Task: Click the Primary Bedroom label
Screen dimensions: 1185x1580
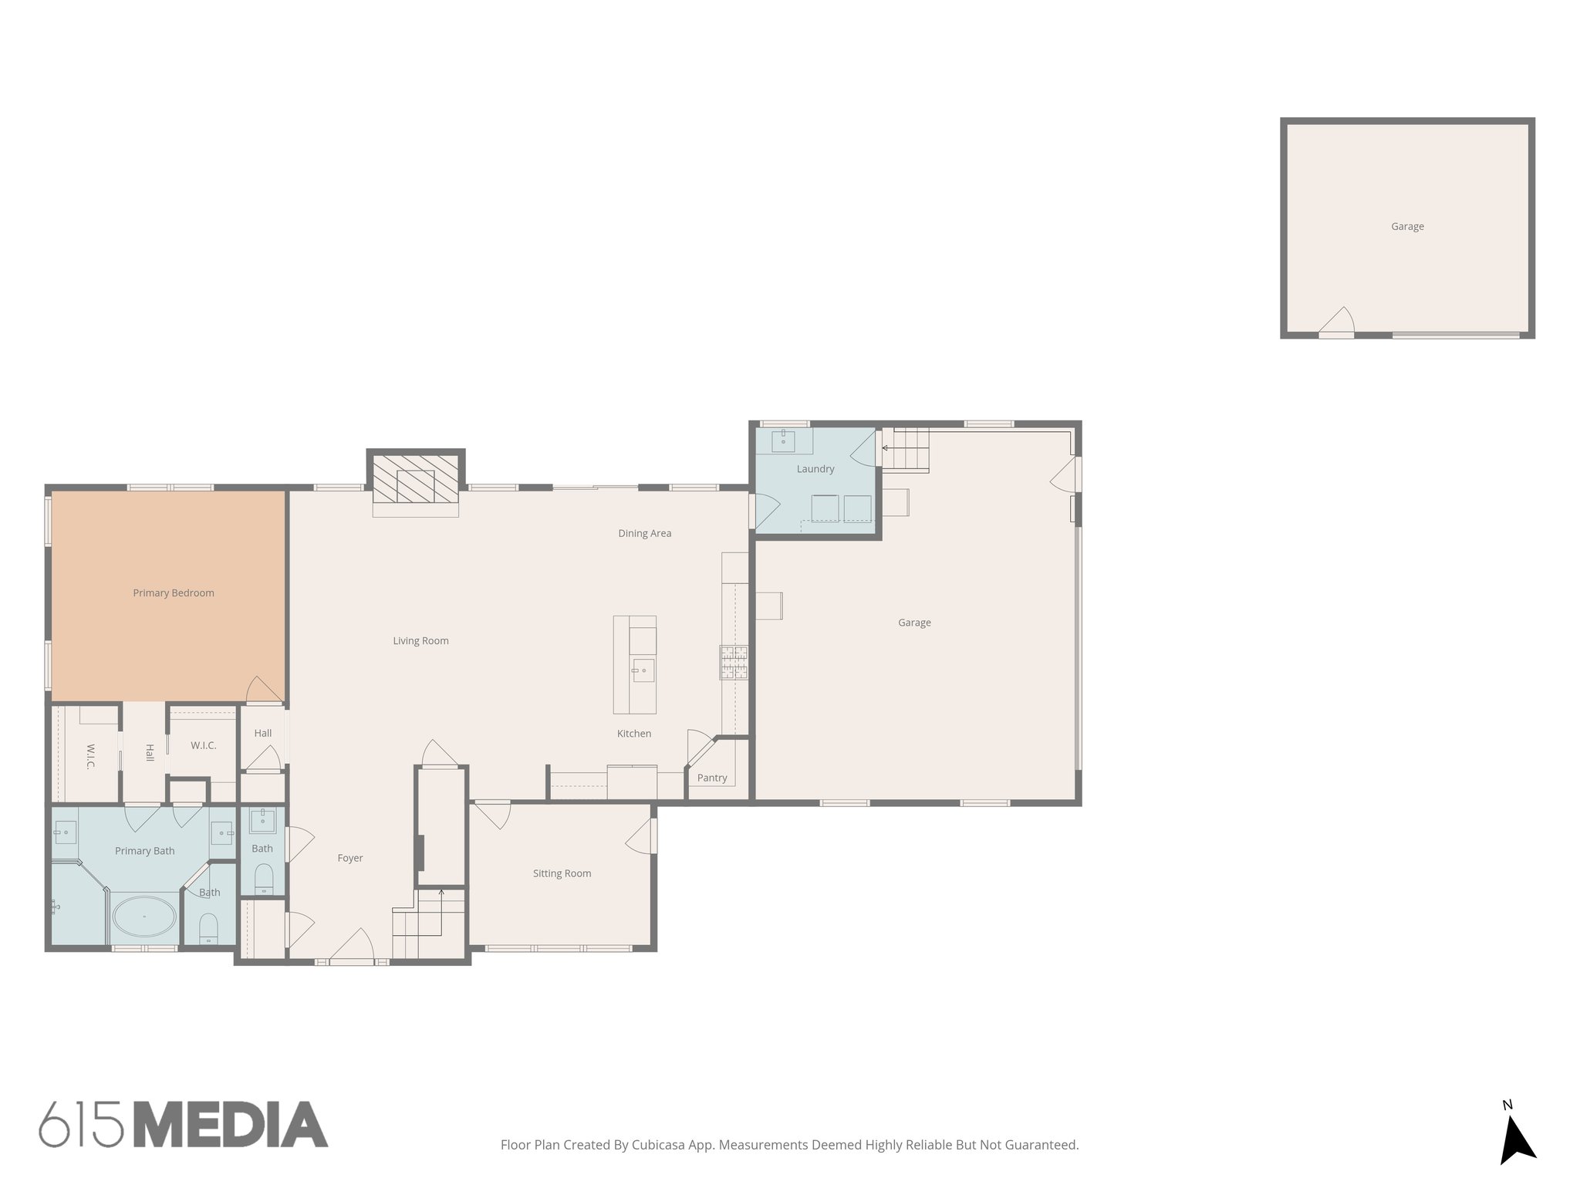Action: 173,592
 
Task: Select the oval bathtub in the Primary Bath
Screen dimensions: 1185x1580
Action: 144,917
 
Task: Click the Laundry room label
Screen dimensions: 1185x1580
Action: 815,468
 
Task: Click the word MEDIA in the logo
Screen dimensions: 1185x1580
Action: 231,1124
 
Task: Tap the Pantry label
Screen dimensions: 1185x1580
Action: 711,778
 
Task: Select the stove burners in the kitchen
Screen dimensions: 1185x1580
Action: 734,662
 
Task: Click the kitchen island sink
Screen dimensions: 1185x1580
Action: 642,670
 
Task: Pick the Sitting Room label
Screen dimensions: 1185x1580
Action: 562,873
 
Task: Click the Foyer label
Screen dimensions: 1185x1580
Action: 349,858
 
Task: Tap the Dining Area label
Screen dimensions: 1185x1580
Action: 644,533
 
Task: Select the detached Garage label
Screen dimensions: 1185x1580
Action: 1407,226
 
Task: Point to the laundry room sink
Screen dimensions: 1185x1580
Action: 783,441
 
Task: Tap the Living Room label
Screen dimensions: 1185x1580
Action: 420,640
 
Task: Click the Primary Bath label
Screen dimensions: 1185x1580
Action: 144,851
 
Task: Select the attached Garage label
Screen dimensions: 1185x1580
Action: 914,622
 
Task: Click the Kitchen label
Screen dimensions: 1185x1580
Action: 633,734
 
